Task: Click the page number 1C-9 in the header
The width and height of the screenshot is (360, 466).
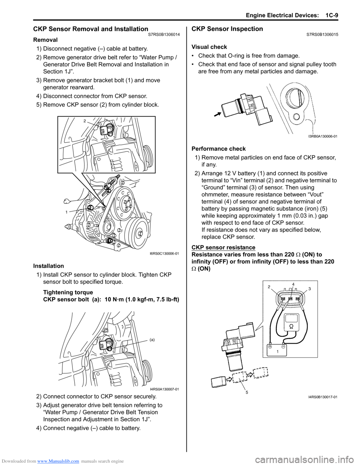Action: [x=331, y=15]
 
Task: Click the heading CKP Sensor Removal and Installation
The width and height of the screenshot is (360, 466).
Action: [x=90, y=29]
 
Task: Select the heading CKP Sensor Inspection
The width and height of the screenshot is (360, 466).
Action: [x=227, y=29]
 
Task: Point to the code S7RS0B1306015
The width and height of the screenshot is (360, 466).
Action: [x=322, y=35]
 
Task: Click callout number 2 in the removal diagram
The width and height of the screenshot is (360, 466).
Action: [x=85, y=121]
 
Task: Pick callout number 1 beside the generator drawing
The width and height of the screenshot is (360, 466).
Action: [x=66, y=212]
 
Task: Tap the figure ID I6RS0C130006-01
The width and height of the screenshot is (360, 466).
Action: [x=164, y=254]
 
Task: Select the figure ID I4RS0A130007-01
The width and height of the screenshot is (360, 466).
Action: [x=164, y=389]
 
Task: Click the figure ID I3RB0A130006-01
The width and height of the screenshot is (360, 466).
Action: [x=322, y=136]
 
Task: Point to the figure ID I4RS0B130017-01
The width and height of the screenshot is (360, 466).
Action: [x=322, y=397]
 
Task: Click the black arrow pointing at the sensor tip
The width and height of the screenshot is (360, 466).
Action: [x=216, y=114]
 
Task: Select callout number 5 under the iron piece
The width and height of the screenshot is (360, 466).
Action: [x=247, y=392]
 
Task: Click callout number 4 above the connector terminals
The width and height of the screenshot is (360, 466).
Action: [x=293, y=284]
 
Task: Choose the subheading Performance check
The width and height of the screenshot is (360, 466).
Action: [x=218, y=149]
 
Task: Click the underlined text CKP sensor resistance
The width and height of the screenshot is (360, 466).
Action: [x=223, y=247]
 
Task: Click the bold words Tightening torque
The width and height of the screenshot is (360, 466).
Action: [x=68, y=292]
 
